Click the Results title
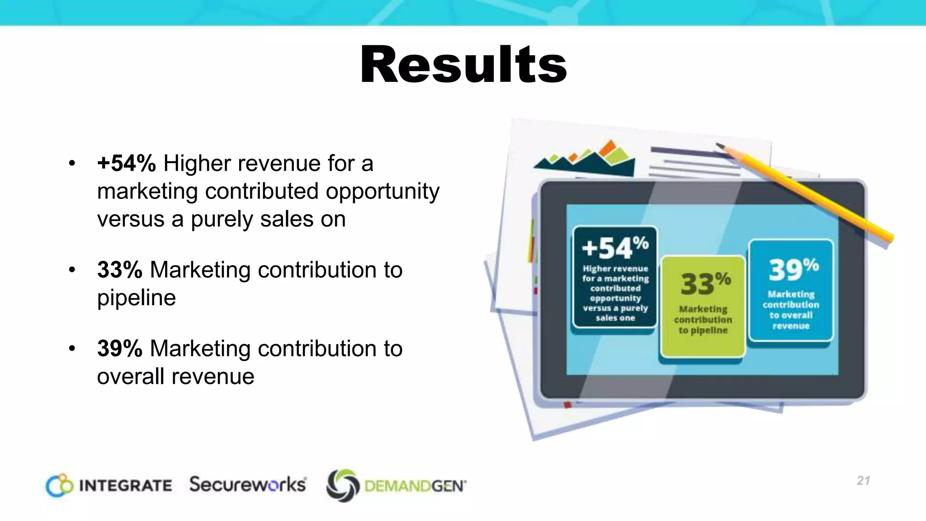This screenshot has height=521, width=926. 463,65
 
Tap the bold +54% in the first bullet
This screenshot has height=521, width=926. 126,163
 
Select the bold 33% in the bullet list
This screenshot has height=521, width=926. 120,270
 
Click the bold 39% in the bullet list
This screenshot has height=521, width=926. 120,349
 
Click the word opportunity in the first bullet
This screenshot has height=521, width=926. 382,191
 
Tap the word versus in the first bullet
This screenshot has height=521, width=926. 130,219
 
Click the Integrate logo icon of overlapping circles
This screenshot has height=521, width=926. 59,485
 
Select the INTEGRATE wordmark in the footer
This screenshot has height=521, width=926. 125,486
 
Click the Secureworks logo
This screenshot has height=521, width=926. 248,484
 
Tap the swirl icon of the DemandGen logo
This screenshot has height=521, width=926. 343,486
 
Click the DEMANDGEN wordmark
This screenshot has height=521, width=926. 415,487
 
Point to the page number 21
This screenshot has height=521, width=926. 863,480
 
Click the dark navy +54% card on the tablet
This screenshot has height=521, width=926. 615,277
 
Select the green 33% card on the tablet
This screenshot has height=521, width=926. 703,307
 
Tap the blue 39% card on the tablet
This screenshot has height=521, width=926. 791,290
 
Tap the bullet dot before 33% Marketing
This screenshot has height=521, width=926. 72,270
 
